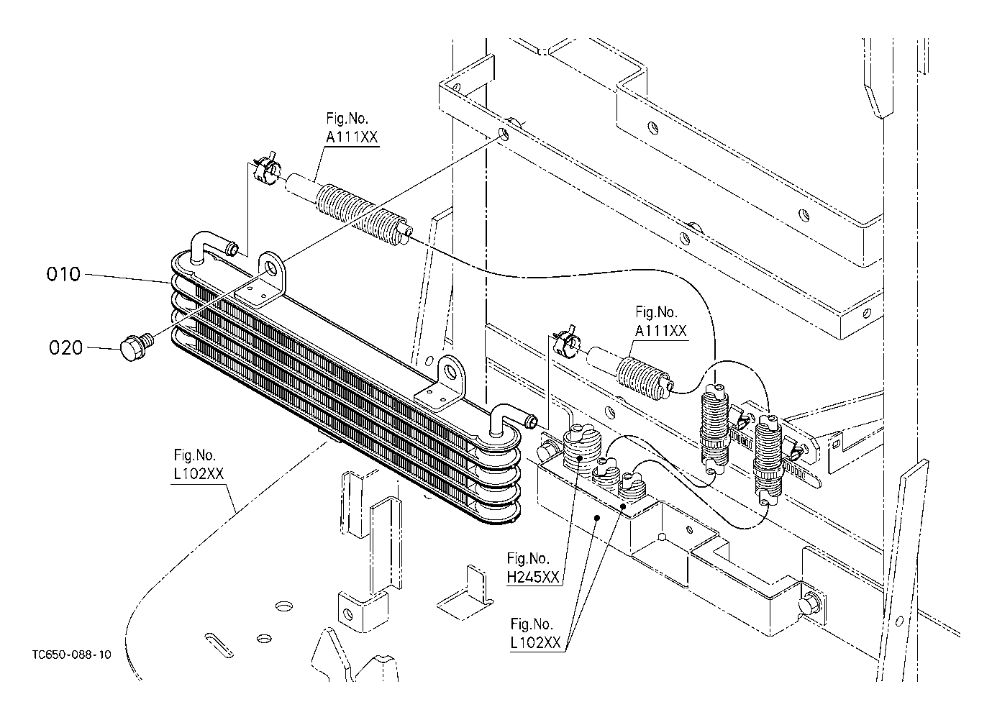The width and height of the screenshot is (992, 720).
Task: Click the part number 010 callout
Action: pos(64,275)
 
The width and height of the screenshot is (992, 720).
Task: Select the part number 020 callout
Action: pos(65,348)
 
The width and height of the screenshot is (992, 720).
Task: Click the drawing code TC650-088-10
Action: pos(72,655)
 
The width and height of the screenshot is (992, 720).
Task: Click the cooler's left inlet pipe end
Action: pos(233,250)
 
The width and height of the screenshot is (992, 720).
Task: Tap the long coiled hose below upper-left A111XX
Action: pos(360,209)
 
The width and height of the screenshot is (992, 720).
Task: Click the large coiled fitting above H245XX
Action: pos(579,452)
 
